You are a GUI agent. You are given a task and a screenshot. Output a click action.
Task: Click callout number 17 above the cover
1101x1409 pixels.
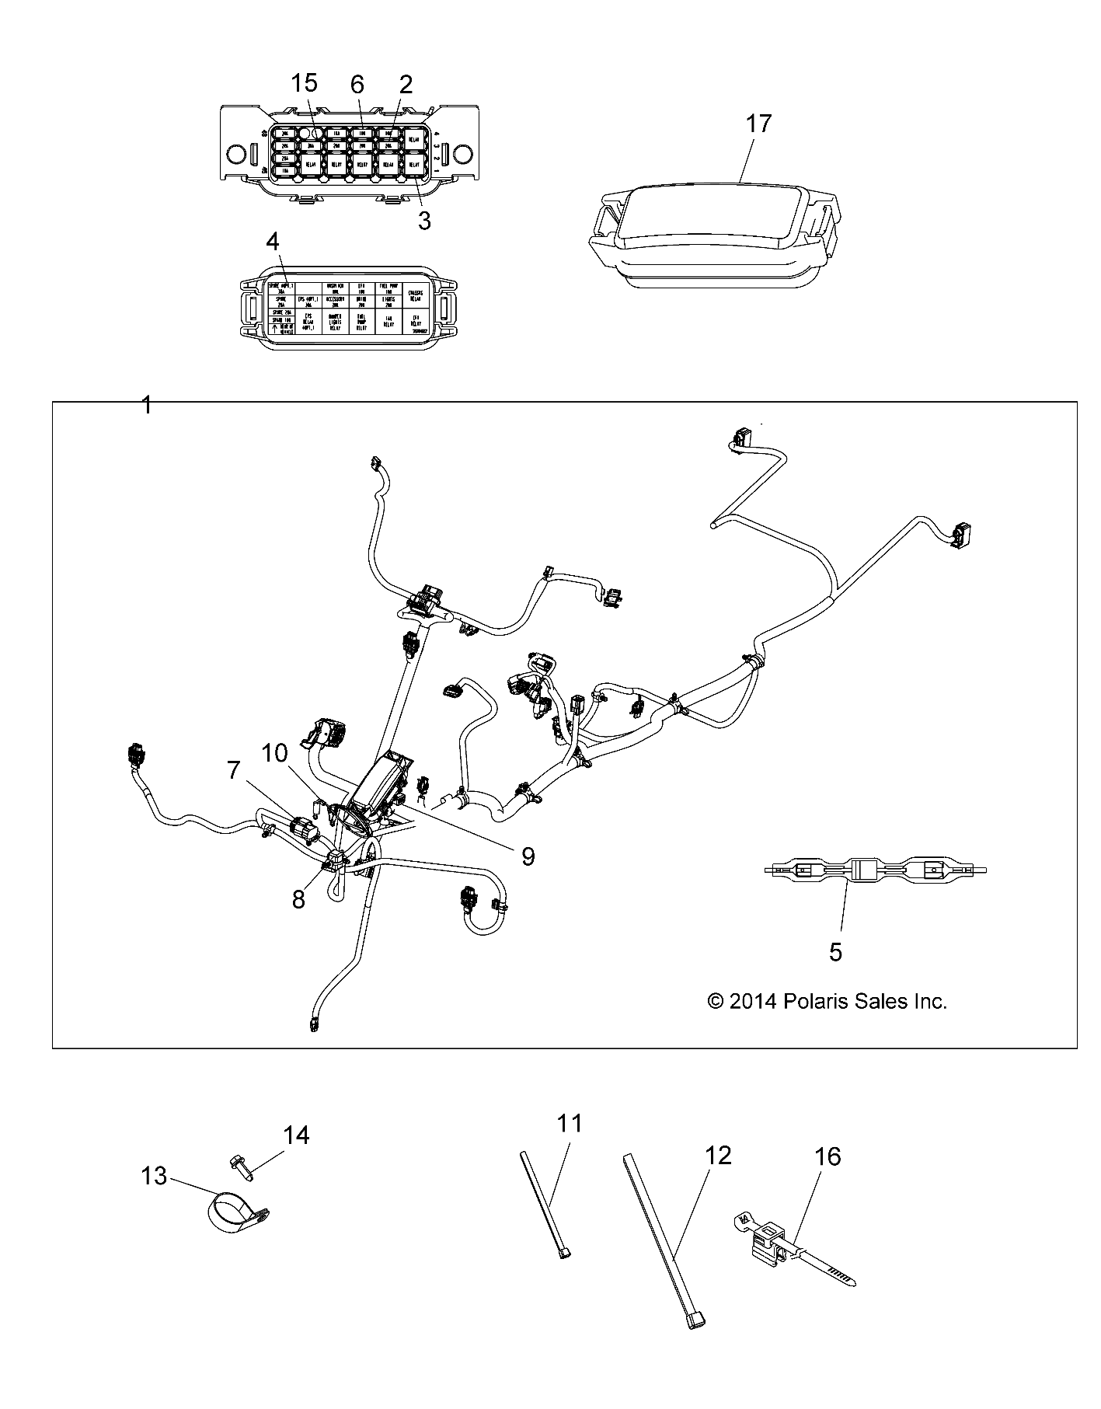[758, 124]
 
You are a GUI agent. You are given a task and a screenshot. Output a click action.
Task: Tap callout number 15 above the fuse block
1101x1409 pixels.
[305, 82]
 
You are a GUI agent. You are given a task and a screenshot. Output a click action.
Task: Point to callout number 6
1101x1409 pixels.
[357, 82]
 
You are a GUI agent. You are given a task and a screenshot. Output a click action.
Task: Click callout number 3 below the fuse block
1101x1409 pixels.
[423, 221]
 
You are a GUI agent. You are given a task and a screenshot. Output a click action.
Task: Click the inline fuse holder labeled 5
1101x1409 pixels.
[874, 871]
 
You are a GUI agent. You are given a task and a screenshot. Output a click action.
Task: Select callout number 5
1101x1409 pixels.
[835, 951]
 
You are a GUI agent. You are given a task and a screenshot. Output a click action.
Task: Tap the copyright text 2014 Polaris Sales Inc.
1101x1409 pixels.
[827, 1001]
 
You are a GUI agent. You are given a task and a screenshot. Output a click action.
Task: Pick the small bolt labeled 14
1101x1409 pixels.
[238, 1164]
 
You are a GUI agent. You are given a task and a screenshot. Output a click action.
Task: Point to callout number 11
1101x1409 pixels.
[569, 1124]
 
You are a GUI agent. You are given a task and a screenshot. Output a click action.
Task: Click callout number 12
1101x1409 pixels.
[718, 1156]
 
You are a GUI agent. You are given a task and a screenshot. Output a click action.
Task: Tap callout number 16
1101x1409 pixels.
[827, 1156]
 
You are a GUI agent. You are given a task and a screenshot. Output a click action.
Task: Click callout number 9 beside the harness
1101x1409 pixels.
[528, 856]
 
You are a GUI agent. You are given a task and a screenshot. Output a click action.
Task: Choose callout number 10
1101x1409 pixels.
[274, 752]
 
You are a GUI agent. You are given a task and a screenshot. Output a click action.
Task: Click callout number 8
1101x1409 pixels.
[298, 898]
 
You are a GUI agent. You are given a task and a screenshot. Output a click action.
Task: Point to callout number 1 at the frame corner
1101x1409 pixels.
[146, 405]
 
